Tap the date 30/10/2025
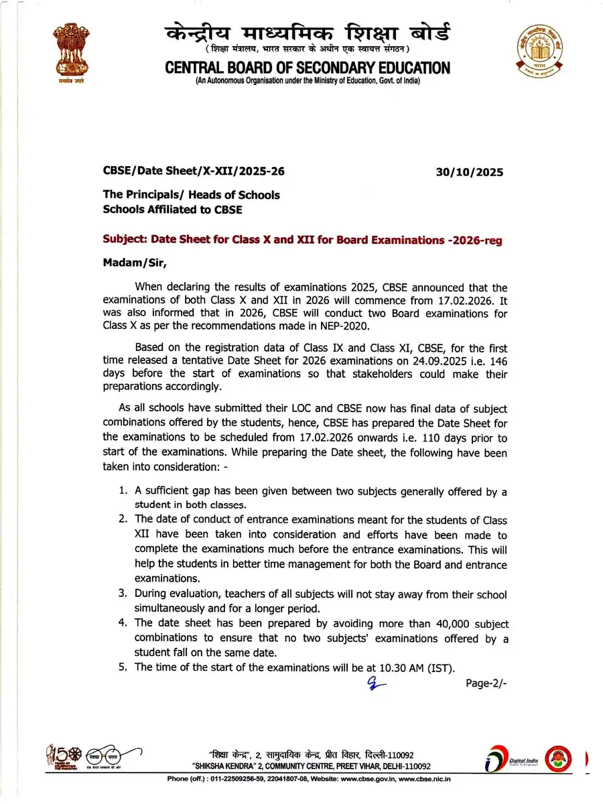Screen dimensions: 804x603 coord(469,172)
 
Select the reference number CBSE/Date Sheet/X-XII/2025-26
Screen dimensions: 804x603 coord(194,172)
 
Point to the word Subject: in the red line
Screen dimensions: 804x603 coord(125,239)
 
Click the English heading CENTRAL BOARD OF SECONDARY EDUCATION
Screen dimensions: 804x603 coord(308,68)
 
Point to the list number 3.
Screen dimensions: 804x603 coord(123,594)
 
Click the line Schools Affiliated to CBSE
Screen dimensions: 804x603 coord(172,209)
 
